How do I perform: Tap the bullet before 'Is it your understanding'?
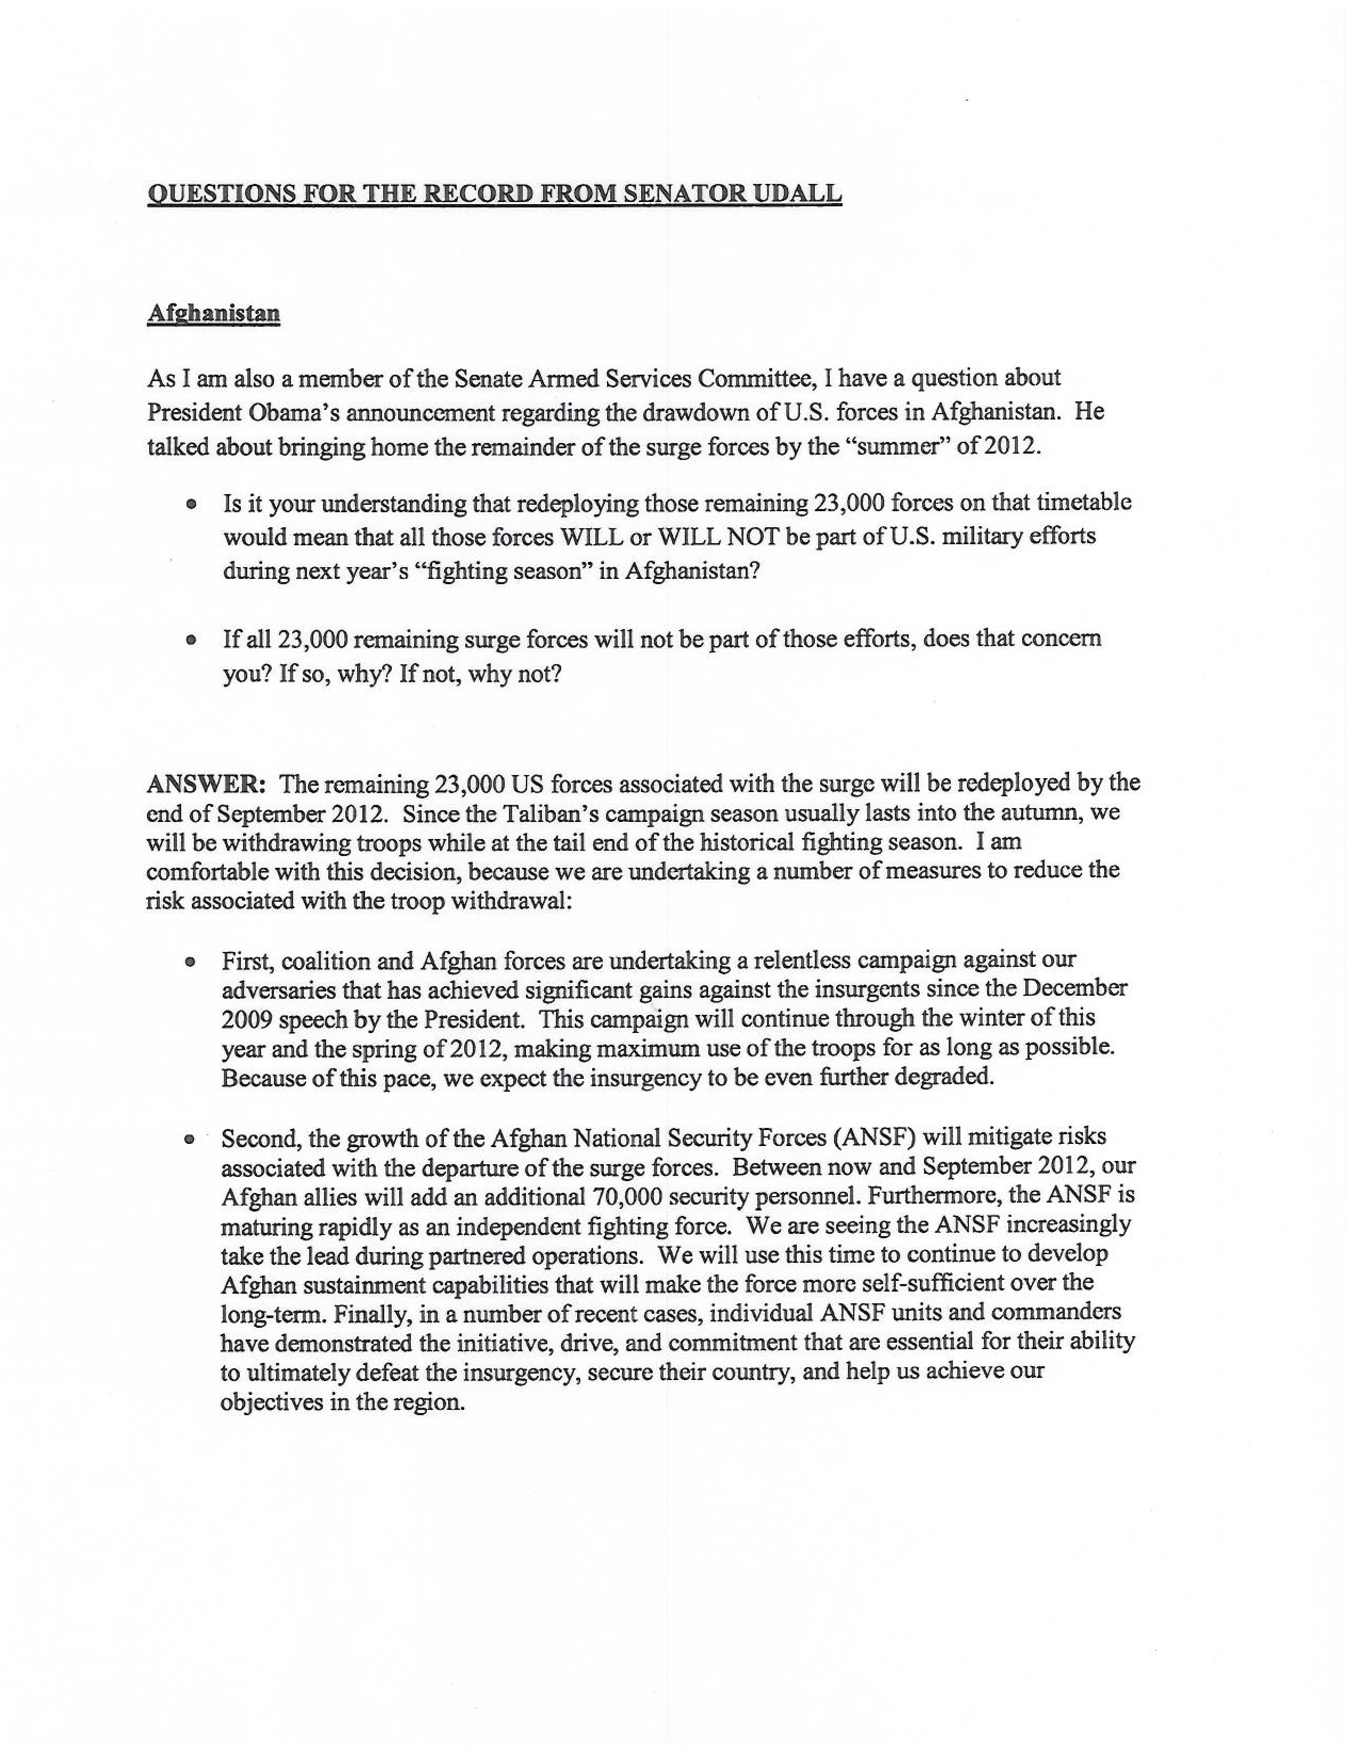coord(191,505)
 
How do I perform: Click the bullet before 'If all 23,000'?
coord(191,641)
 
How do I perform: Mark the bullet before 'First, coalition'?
coord(191,963)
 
